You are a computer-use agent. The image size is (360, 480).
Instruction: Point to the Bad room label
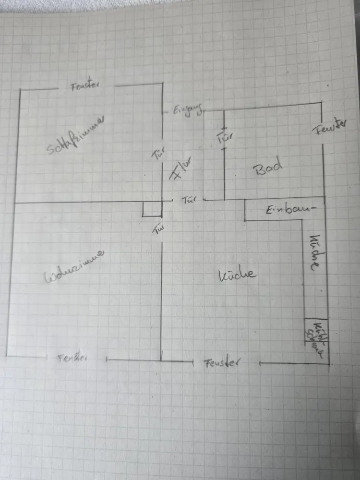(x=268, y=168)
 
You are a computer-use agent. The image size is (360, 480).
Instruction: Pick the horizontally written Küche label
(x=237, y=275)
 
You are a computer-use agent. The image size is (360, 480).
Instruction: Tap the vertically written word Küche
(x=314, y=253)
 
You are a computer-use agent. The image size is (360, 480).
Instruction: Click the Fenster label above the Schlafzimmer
(x=85, y=86)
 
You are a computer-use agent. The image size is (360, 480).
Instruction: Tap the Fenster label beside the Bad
(x=331, y=127)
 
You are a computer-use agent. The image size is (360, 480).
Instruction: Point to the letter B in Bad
(x=259, y=169)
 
